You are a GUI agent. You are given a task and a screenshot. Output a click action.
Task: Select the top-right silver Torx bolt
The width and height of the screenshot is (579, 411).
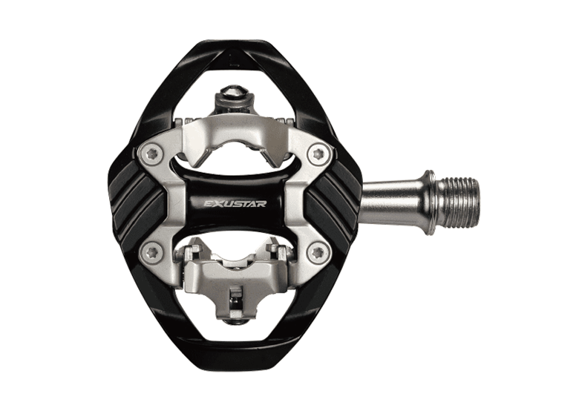point(319,154)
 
